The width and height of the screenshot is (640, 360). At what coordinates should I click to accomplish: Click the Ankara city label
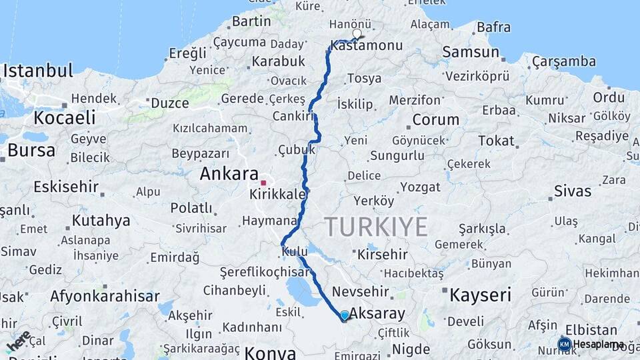[x=229, y=174]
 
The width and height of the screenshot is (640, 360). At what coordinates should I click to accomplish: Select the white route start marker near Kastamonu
[x=357, y=33]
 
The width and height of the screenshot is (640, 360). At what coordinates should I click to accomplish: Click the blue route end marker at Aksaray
[x=344, y=315]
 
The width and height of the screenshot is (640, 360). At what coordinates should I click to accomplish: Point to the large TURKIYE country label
[x=377, y=227]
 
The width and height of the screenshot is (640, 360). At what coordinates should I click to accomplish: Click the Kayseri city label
[x=480, y=294]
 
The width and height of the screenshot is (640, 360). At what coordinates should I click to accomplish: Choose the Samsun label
[x=471, y=52]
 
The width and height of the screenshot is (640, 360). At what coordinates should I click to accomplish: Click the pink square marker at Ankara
[x=263, y=182]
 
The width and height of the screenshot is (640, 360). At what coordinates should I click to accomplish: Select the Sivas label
[x=572, y=191]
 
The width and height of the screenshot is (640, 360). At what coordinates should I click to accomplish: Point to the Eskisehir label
[x=65, y=186]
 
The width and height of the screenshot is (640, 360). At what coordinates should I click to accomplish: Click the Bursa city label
[x=31, y=150]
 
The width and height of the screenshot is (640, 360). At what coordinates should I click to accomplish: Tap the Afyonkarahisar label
[x=105, y=296]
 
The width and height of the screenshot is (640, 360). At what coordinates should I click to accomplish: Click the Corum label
[x=435, y=120]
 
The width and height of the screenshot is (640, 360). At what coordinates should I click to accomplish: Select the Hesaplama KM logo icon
[x=564, y=344]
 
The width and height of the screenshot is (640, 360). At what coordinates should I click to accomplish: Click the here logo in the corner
[x=19, y=341]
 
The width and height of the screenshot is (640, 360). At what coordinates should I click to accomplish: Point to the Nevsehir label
[x=359, y=292]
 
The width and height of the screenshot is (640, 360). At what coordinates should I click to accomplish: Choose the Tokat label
[x=496, y=141]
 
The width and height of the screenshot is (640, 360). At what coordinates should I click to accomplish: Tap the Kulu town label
[x=294, y=252]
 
